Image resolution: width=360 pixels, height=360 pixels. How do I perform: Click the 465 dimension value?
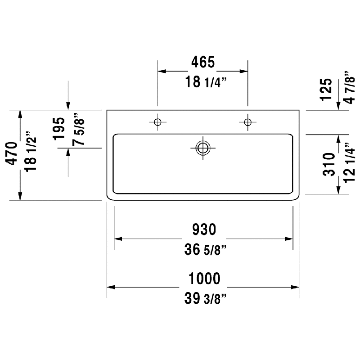[x=203, y=62]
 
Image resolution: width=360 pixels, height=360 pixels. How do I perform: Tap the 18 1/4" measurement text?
[x=206, y=82]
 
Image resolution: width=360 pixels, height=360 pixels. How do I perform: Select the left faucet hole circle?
[x=157, y=122]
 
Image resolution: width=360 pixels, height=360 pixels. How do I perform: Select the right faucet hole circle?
[x=247, y=122]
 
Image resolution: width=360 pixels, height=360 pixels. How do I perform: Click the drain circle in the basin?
[x=203, y=148]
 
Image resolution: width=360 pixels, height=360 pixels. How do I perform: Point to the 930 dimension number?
[x=204, y=229]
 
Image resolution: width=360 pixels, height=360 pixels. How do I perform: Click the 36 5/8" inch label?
[x=205, y=250]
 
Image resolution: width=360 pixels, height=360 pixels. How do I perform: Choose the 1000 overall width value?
[x=204, y=278]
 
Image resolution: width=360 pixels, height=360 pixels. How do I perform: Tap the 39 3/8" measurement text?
[x=205, y=298]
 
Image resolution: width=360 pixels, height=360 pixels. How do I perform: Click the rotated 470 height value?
[x=12, y=153]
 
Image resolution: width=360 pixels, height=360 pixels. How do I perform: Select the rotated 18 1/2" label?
[x=31, y=152]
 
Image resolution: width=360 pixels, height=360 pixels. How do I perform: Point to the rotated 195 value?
[x=59, y=129]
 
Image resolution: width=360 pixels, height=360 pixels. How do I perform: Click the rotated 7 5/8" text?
[x=78, y=129]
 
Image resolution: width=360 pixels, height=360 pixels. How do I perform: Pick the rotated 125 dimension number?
[x=326, y=90]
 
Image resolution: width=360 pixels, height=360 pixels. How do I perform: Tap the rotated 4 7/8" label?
[x=350, y=87]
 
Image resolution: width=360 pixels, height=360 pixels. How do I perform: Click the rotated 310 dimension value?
[x=329, y=164]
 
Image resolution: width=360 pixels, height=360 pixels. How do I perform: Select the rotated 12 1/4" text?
[x=350, y=163]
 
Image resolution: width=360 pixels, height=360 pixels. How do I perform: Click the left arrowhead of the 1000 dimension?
[x=111, y=287]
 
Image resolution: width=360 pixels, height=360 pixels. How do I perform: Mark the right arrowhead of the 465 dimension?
[x=243, y=71]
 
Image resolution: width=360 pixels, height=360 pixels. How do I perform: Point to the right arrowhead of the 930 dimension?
[x=288, y=239]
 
